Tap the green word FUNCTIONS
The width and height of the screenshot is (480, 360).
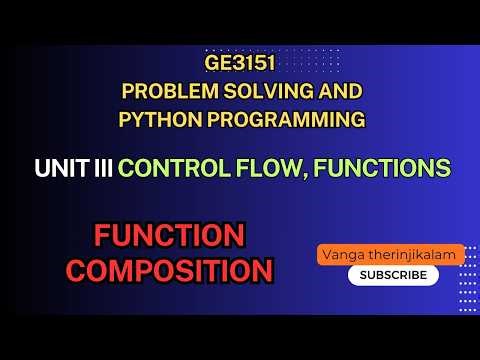(x=395, y=169)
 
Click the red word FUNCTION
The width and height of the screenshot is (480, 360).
(x=169, y=236)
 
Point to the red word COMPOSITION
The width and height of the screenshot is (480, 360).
(x=176, y=270)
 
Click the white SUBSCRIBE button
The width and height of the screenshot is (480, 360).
(x=392, y=275)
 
